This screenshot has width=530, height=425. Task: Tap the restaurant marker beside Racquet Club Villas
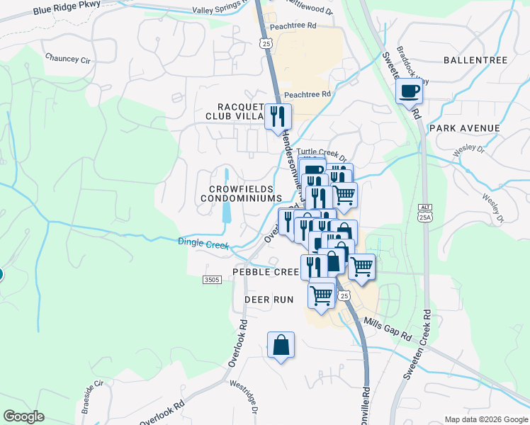click(278, 115)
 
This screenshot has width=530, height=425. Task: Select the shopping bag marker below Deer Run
click(281, 346)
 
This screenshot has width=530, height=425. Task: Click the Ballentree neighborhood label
click(475, 60)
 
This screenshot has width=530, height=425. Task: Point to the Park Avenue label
click(464, 128)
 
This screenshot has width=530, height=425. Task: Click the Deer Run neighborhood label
click(269, 300)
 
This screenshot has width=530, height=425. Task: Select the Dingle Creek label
click(203, 244)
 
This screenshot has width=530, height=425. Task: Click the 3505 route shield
click(212, 280)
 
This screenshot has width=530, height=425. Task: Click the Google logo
click(23, 416)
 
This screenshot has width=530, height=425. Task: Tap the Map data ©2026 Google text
click(485, 419)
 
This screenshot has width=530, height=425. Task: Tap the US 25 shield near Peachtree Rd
click(265, 43)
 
